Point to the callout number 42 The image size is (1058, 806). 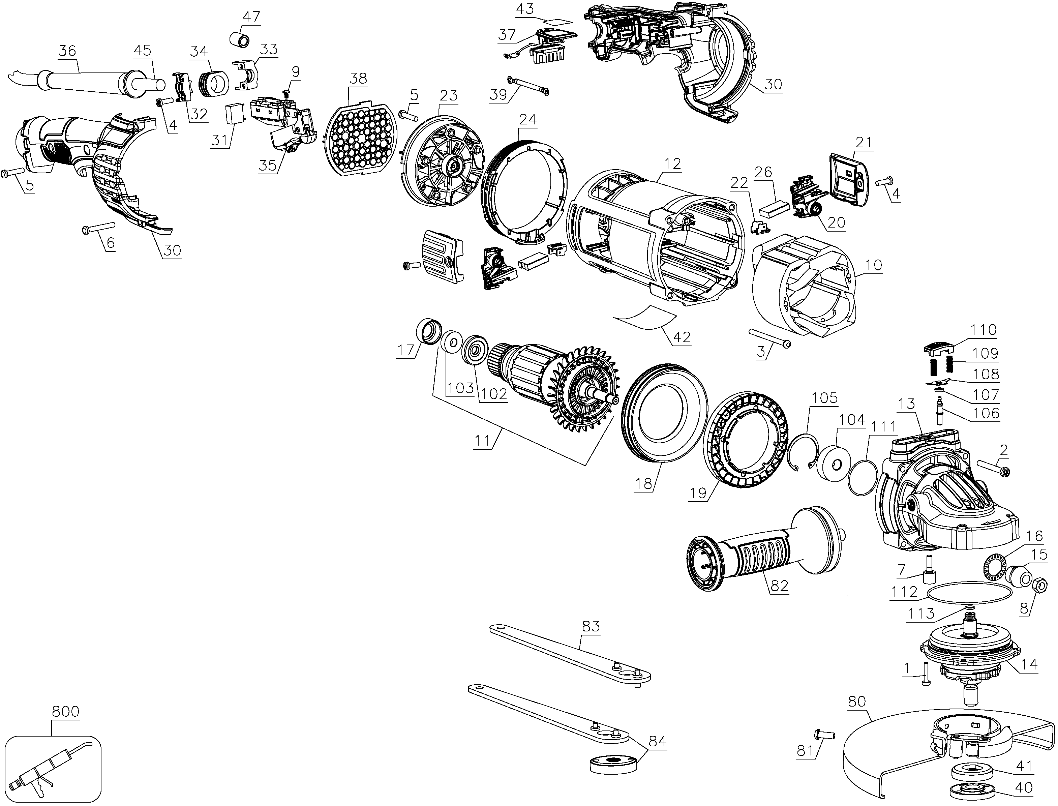[682, 337]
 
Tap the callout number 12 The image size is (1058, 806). [672, 164]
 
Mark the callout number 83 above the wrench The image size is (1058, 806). [591, 626]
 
